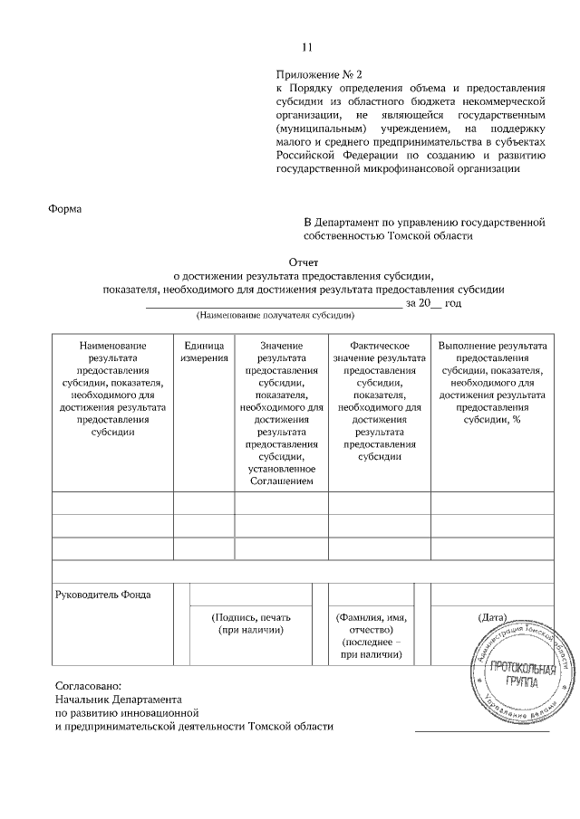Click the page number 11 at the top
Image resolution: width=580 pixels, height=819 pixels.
click(307, 48)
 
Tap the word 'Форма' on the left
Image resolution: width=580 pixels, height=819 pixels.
click(63, 210)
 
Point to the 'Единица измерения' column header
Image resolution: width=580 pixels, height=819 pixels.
click(204, 352)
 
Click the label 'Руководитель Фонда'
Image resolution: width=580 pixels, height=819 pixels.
click(103, 595)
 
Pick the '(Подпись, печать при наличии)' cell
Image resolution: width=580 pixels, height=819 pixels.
click(251, 623)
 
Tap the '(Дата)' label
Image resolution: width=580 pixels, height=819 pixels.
click(492, 616)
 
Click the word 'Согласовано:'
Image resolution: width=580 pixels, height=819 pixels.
click(87, 685)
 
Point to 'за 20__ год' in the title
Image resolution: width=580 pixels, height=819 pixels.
click(434, 303)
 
